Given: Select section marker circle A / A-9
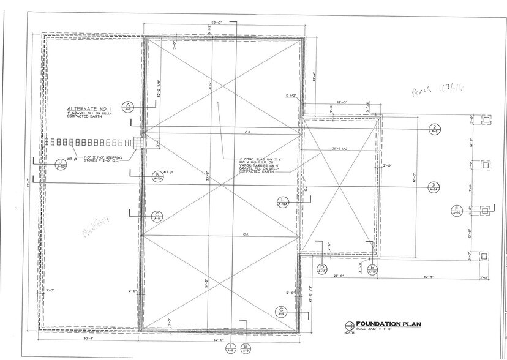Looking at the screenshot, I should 128,107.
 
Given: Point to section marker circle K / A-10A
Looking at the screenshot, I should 158,176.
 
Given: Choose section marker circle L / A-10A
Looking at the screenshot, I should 282,203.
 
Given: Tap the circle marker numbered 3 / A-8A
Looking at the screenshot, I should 434,187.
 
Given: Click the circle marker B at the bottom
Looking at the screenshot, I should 246,349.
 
